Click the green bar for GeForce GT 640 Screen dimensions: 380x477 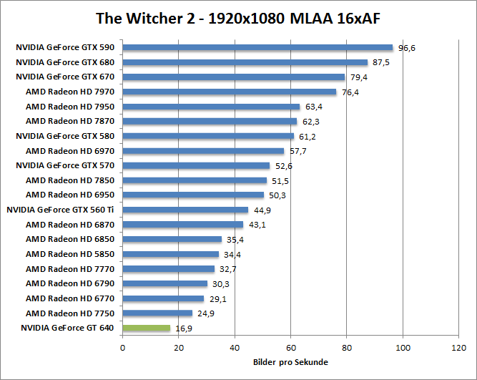[147, 328]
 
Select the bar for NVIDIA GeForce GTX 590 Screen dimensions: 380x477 [257, 48]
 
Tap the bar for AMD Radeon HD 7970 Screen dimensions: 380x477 [229, 92]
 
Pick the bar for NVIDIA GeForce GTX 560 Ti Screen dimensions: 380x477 [185, 210]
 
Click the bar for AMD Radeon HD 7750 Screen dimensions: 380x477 [157, 313]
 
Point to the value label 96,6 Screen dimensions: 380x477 [406, 48]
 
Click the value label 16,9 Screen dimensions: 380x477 [184, 328]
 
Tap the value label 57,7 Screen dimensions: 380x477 [297, 151]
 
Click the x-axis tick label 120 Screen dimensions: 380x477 [458, 349]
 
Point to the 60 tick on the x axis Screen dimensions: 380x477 [291, 349]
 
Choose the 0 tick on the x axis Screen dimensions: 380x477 [123, 349]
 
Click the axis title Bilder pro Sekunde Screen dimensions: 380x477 [290, 362]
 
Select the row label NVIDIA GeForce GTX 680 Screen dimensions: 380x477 [64, 62]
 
